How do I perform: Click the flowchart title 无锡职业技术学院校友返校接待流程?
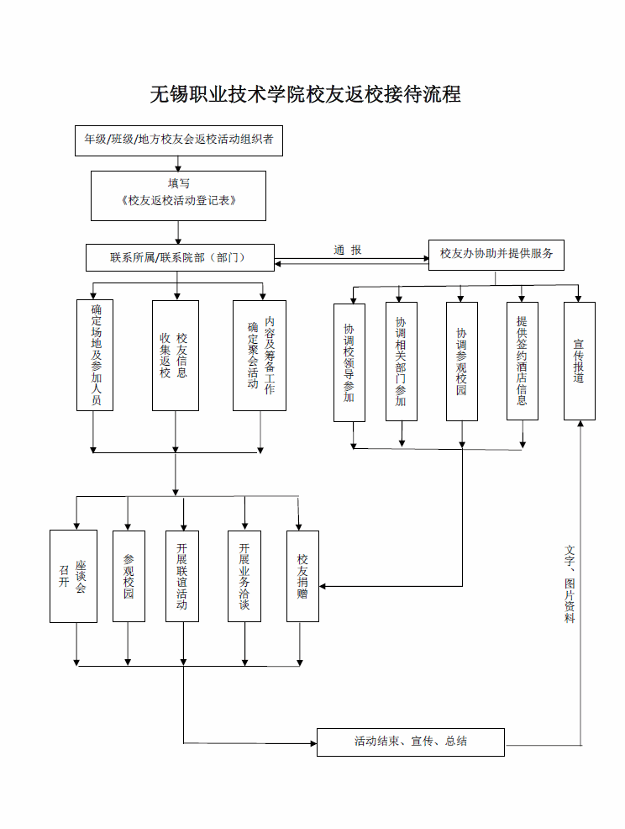(306, 95)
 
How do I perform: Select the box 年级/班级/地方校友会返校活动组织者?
(179, 140)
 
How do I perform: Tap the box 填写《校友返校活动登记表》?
(178, 196)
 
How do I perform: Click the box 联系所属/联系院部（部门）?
(180, 257)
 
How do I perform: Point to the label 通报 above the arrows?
(348, 250)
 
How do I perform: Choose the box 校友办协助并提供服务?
(496, 255)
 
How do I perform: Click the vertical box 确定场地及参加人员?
(95, 355)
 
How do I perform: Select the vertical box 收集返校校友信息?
(176, 356)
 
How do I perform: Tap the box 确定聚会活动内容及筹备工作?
(260, 356)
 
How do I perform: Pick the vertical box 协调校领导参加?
(349, 362)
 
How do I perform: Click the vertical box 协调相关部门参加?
(402, 362)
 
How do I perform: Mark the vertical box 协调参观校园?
(462, 362)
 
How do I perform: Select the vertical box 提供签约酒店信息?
(523, 361)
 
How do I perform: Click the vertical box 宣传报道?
(580, 361)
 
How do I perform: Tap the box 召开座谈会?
(73, 576)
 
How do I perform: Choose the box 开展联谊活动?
(182, 576)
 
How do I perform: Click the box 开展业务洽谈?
(244, 576)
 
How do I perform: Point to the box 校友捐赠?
(302, 576)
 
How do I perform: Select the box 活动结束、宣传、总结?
(411, 742)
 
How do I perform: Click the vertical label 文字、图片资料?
(570, 584)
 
